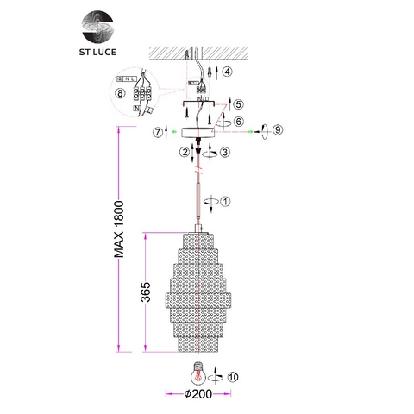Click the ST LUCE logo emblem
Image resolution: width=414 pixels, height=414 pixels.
point(97,27)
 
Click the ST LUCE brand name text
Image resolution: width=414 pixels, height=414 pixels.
point(97,52)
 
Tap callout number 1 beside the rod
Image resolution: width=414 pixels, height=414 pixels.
point(225,202)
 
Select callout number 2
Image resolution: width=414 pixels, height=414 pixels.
point(185,152)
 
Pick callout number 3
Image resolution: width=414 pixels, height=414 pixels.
point(225,152)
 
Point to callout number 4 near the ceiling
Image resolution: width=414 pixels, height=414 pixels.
point(227,72)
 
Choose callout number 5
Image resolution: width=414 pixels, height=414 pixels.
point(238,104)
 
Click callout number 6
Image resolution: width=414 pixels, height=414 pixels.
point(239,122)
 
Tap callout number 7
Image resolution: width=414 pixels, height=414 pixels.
point(158,133)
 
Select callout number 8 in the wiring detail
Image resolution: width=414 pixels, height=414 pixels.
point(120,93)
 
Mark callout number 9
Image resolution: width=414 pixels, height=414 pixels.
point(278,130)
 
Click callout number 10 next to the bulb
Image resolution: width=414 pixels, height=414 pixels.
point(233,377)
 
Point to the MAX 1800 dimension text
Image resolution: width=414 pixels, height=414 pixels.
point(119,229)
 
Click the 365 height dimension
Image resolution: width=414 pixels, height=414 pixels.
point(146,292)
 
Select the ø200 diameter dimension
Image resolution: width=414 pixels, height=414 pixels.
point(198,394)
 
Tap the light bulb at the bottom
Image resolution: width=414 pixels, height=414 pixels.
point(198,373)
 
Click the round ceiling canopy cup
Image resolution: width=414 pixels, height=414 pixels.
point(198,132)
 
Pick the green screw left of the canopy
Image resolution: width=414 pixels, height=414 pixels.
point(174,132)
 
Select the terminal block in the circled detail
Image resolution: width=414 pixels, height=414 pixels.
point(142,93)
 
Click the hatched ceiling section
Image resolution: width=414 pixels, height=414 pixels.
point(198,53)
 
